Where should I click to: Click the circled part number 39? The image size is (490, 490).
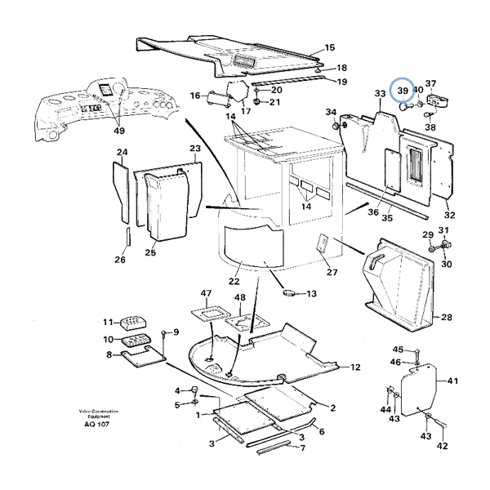click(x=403, y=91)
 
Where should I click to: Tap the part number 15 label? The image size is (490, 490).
click(x=330, y=48)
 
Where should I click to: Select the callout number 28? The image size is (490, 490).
click(x=446, y=317)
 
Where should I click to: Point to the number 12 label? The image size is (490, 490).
click(x=356, y=367)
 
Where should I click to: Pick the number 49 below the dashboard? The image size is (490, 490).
click(x=119, y=131)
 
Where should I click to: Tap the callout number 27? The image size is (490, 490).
click(x=332, y=273)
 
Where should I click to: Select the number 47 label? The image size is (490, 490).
click(x=206, y=294)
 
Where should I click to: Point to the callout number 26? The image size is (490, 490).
click(x=120, y=260)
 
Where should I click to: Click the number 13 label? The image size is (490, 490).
click(x=311, y=293)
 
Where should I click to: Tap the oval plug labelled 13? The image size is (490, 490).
click(x=287, y=292)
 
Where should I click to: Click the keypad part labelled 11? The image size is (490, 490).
click(x=133, y=323)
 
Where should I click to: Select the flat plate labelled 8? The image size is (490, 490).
click(x=143, y=354)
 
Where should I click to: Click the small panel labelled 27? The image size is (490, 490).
click(x=322, y=244)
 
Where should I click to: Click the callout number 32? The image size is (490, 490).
click(x=449, y=216)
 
